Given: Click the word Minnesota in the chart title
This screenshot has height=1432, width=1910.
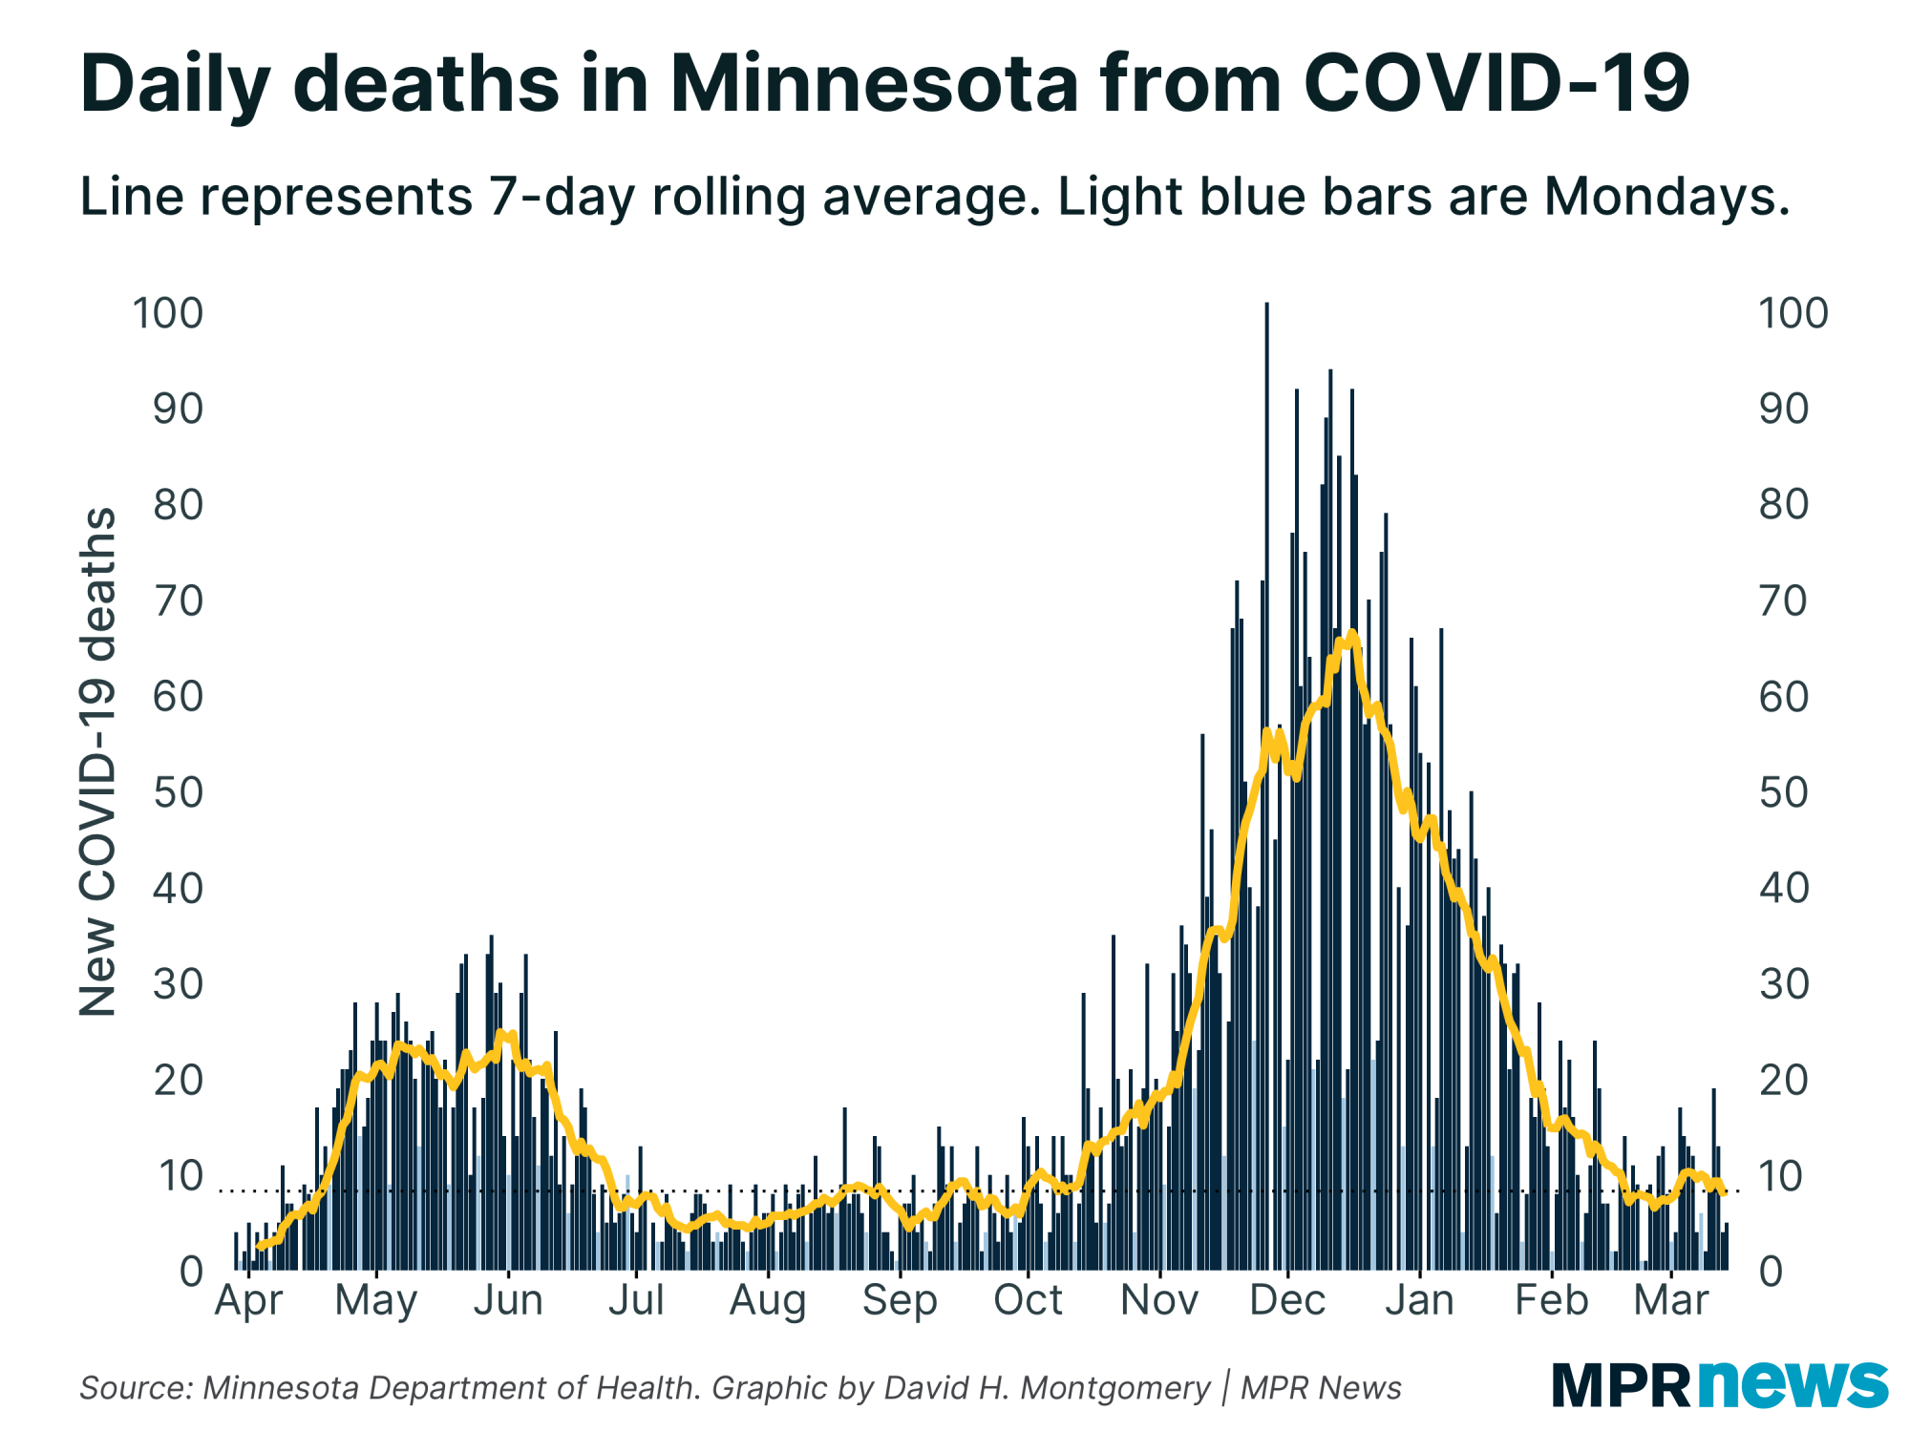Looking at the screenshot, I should pyautogui.click(x=873, y=84).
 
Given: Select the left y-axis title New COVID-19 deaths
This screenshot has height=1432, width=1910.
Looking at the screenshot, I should pyautogui.click(x=97, y=762).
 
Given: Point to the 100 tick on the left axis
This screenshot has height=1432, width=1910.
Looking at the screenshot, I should pyautogui.click(x=168, y=313).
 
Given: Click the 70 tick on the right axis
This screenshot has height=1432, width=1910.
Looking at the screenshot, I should pyautogui.click(x=1783, y=601).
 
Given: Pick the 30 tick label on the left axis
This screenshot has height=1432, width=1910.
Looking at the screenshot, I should pyautogui.click(x=179, y=984).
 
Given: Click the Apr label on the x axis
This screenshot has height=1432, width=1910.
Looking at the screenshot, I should pyautogui.click(x=248, y=1300).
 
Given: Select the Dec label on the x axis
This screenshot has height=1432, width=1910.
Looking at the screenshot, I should pyautogui.click(x=1287, y=1300).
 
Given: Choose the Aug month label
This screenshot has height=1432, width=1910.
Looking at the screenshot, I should pyautogui.click(x=768, y=1300).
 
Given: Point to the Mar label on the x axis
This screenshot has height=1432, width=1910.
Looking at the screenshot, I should pyautogui.click(x=1670, y=1300).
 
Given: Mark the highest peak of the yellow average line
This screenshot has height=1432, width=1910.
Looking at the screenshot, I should pyautogui.click(x=1351, y=634).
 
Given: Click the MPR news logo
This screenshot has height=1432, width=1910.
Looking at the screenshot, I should pyautogui.click(x=1719, y=1384).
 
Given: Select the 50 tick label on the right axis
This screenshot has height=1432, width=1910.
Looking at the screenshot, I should pyautogui.click(x=1783, y=793).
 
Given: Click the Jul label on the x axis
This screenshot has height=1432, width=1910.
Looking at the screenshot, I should pyautogui.click(x=636, y=1300).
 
